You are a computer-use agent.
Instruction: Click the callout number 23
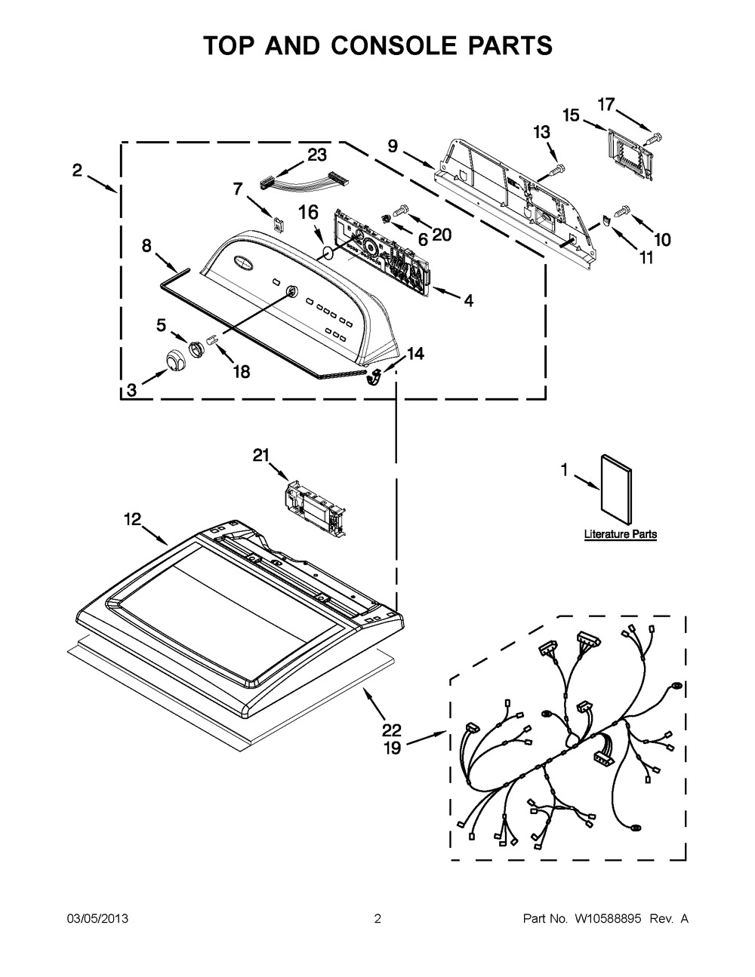pyautogui.click(x=316, y=155)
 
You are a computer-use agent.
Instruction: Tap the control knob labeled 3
pyautogui.click(x=177, y=361)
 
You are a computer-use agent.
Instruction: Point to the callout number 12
pyautogui.click(x=132, y=518)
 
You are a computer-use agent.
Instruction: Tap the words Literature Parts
pyautogui.click(x=620, y=534)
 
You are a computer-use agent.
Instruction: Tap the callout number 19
pyautogui.click(x=392, y=748)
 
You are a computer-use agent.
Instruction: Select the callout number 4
pyautogui.click(x=468, y=300)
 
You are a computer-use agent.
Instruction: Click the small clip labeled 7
pyautogui.click(x=279, y=222)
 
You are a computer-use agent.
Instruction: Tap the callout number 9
pyautogui.click(x=393, y=146)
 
